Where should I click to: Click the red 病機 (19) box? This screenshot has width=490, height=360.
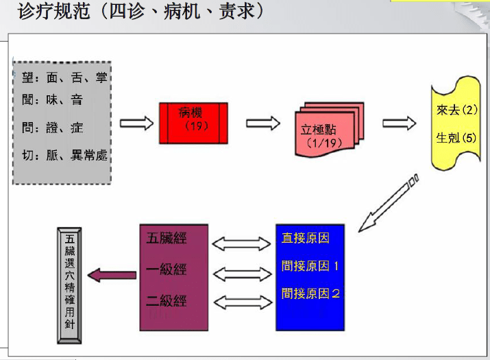(193, 123)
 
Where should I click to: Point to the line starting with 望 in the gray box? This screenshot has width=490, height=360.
(62, 79)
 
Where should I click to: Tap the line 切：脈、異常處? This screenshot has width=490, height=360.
(62, 156)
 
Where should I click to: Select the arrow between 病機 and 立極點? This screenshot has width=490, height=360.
(263, 123)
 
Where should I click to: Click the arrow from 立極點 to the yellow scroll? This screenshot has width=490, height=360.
(399, 123)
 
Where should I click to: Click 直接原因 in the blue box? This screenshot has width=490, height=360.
(306, 239)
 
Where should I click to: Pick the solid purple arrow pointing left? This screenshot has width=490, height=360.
(112, 276)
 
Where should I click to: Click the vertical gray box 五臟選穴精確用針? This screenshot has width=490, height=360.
(71, 285)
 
